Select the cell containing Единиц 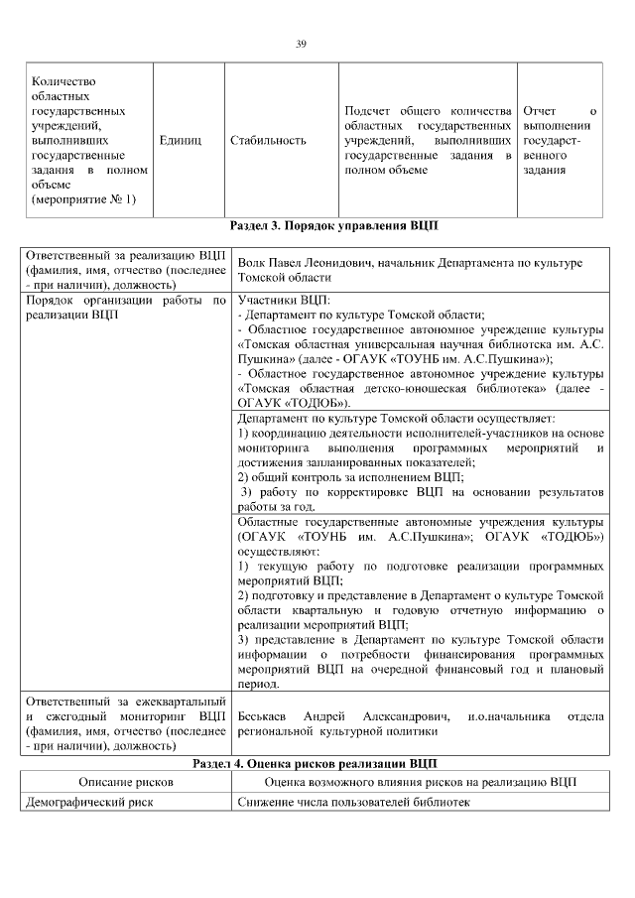180,141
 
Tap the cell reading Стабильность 267,141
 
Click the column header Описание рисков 126,782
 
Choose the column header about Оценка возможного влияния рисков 421,782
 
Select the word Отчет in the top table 540,110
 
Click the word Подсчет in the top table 368,110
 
